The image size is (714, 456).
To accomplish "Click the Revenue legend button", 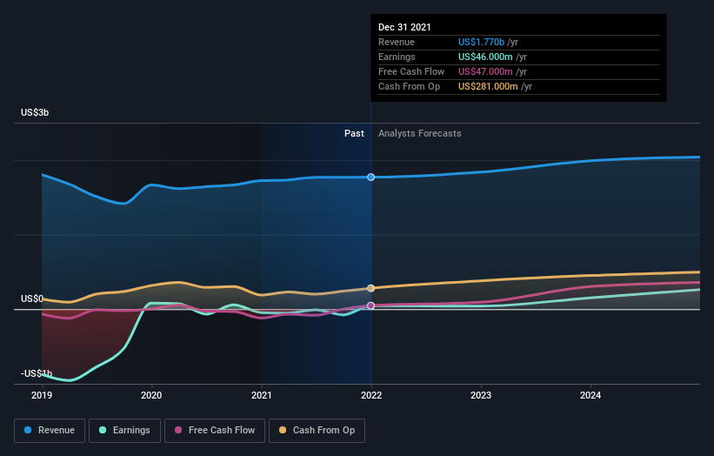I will click(50, 430).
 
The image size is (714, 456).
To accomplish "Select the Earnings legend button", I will click(124, 430).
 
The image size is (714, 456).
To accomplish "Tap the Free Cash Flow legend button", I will click(215, 430).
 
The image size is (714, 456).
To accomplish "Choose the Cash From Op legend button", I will click(318, 430).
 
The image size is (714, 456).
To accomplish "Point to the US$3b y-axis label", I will click(35, 113).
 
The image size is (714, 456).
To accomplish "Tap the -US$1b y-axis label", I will click(37, 373).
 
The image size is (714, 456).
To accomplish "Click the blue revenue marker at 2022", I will click(371, 177).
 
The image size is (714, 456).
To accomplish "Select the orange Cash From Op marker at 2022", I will click(371, 288).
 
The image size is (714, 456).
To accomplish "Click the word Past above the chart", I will click(354, 133).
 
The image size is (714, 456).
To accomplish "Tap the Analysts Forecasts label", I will click(419, 133).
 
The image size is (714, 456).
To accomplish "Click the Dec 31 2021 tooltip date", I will click(404, 28).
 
